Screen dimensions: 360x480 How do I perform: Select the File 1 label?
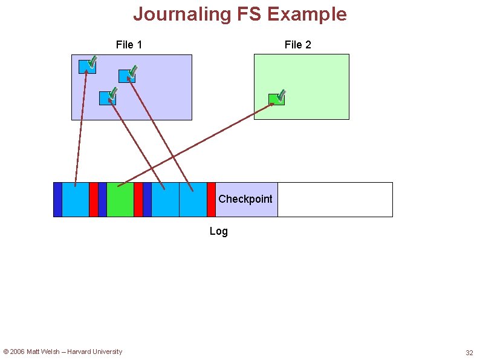pyautogui.click(x=129, y=45)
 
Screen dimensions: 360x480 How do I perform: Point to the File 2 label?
pyautogui.click(x=297, y=45)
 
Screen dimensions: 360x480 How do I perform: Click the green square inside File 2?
pyautogui.click(x=276, y=100)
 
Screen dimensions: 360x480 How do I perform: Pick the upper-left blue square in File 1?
pyautogui.click(x=86, y=67)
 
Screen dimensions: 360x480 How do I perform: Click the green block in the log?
pyautogui.click(x=120, y=200)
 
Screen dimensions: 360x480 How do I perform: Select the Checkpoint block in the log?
pyautogui.click(x=246, y=200)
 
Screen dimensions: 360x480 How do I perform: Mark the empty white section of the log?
pyautogui.click(x=335, y=200)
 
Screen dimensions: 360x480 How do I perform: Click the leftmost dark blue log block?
pyautogui.click(x=57, y=200)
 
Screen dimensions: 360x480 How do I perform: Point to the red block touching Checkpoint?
pyautogui.click(x=211, y=200)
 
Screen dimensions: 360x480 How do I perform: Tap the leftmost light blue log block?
pyautogui.click(x=76, y=200)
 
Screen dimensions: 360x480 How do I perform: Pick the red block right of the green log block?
pyautogui.click(x=138, y=200)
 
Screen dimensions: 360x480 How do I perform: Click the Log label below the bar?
pyautogui.click(x=218, y=231)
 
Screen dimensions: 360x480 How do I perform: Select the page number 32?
pyautogui.click(x=469, y=353)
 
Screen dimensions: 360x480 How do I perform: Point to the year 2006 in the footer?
pyautogui.click(x=18, y=352)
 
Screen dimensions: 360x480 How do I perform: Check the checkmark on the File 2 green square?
pyautogui.click(x=281, y=96)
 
